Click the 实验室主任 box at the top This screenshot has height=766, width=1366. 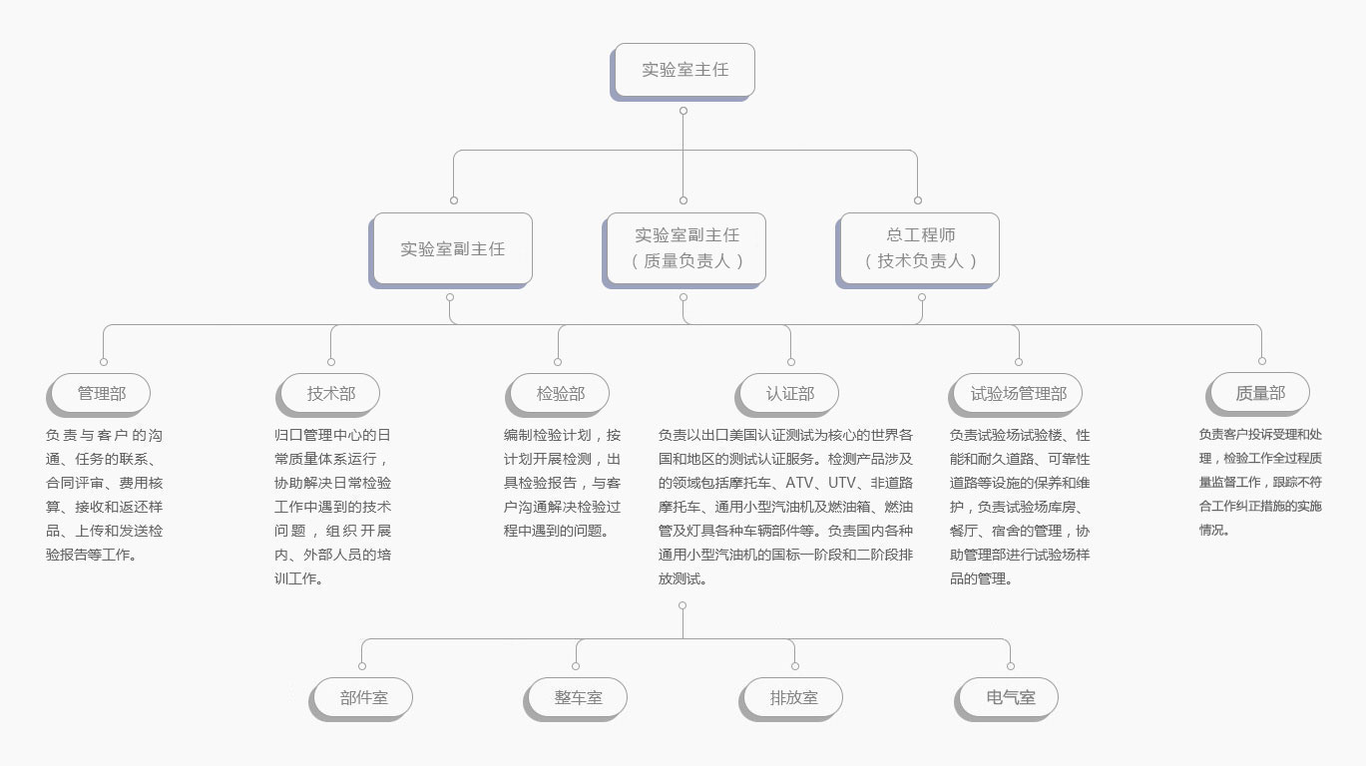pos(683,71)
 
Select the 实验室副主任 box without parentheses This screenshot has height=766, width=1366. pos(451,250)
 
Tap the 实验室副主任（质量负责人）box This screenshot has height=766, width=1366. pos(684,250)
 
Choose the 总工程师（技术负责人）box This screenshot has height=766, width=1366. pos(918,250)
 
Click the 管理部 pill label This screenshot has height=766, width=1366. pos(99,395)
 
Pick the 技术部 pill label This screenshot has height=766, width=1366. pos(328,395)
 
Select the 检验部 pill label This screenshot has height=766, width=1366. pos(558,395)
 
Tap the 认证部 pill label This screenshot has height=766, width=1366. pos(787,395)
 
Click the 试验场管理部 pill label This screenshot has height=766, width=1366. pos(1016,395)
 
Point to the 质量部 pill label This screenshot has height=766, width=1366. pos(1258,394)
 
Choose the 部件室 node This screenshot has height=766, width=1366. pos(361,699)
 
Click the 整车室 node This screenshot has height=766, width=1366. pos(576,699)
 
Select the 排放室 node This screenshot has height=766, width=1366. pos(791,699)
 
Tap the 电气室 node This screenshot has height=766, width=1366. pos(1007,699)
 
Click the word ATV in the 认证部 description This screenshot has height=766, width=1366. pos(799,483)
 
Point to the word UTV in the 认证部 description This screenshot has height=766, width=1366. pos(841,483)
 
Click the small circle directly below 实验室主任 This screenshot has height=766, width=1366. pos(683,111)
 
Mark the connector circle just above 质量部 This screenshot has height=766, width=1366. pos(1262,361)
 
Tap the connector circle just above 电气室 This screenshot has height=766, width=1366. pos(1011,666)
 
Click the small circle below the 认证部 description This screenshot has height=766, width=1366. pos(683,605)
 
